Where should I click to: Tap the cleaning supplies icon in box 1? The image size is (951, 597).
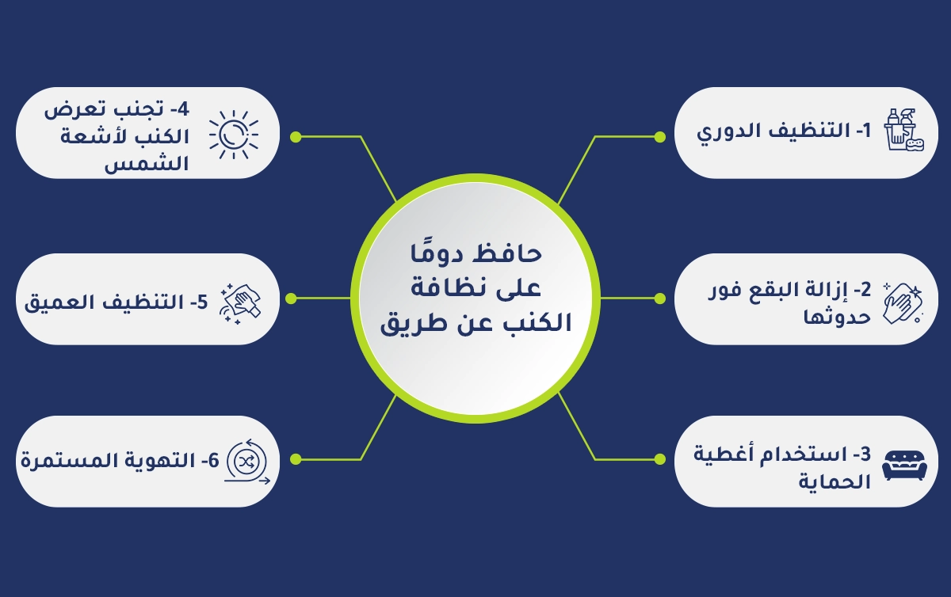click(905, 131)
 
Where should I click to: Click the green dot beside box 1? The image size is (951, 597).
click(659, 137)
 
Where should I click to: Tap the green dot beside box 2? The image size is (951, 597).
click(659, 298)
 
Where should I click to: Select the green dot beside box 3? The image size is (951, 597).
click(659, 459)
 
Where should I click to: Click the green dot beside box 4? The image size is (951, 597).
click(295, 137)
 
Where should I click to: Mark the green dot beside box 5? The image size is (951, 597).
click(291, 298)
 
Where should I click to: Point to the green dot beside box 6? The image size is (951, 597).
click(295, 459)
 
